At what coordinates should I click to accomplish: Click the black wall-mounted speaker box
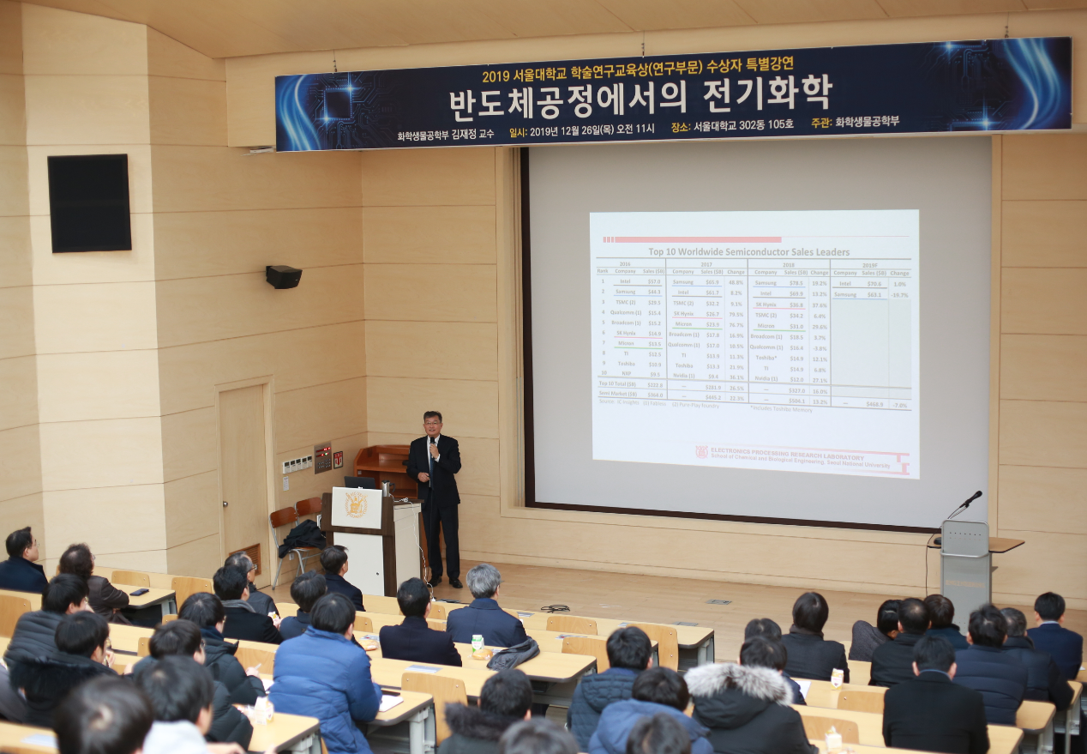pos(283,276)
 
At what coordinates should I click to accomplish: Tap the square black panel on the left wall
pos(89,203)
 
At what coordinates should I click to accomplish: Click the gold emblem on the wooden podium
pos(356,505)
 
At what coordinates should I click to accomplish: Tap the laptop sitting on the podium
pos(360,482)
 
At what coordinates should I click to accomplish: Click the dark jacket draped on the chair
pos(302,537)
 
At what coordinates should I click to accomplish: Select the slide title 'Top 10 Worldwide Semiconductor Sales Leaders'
pos(748,251)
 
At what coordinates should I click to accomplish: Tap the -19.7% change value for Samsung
pos(899,294)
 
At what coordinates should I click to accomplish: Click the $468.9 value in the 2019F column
pos(874,402)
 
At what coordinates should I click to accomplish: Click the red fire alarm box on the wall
pos(338,458)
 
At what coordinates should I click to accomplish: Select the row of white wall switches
pos(297,464)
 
